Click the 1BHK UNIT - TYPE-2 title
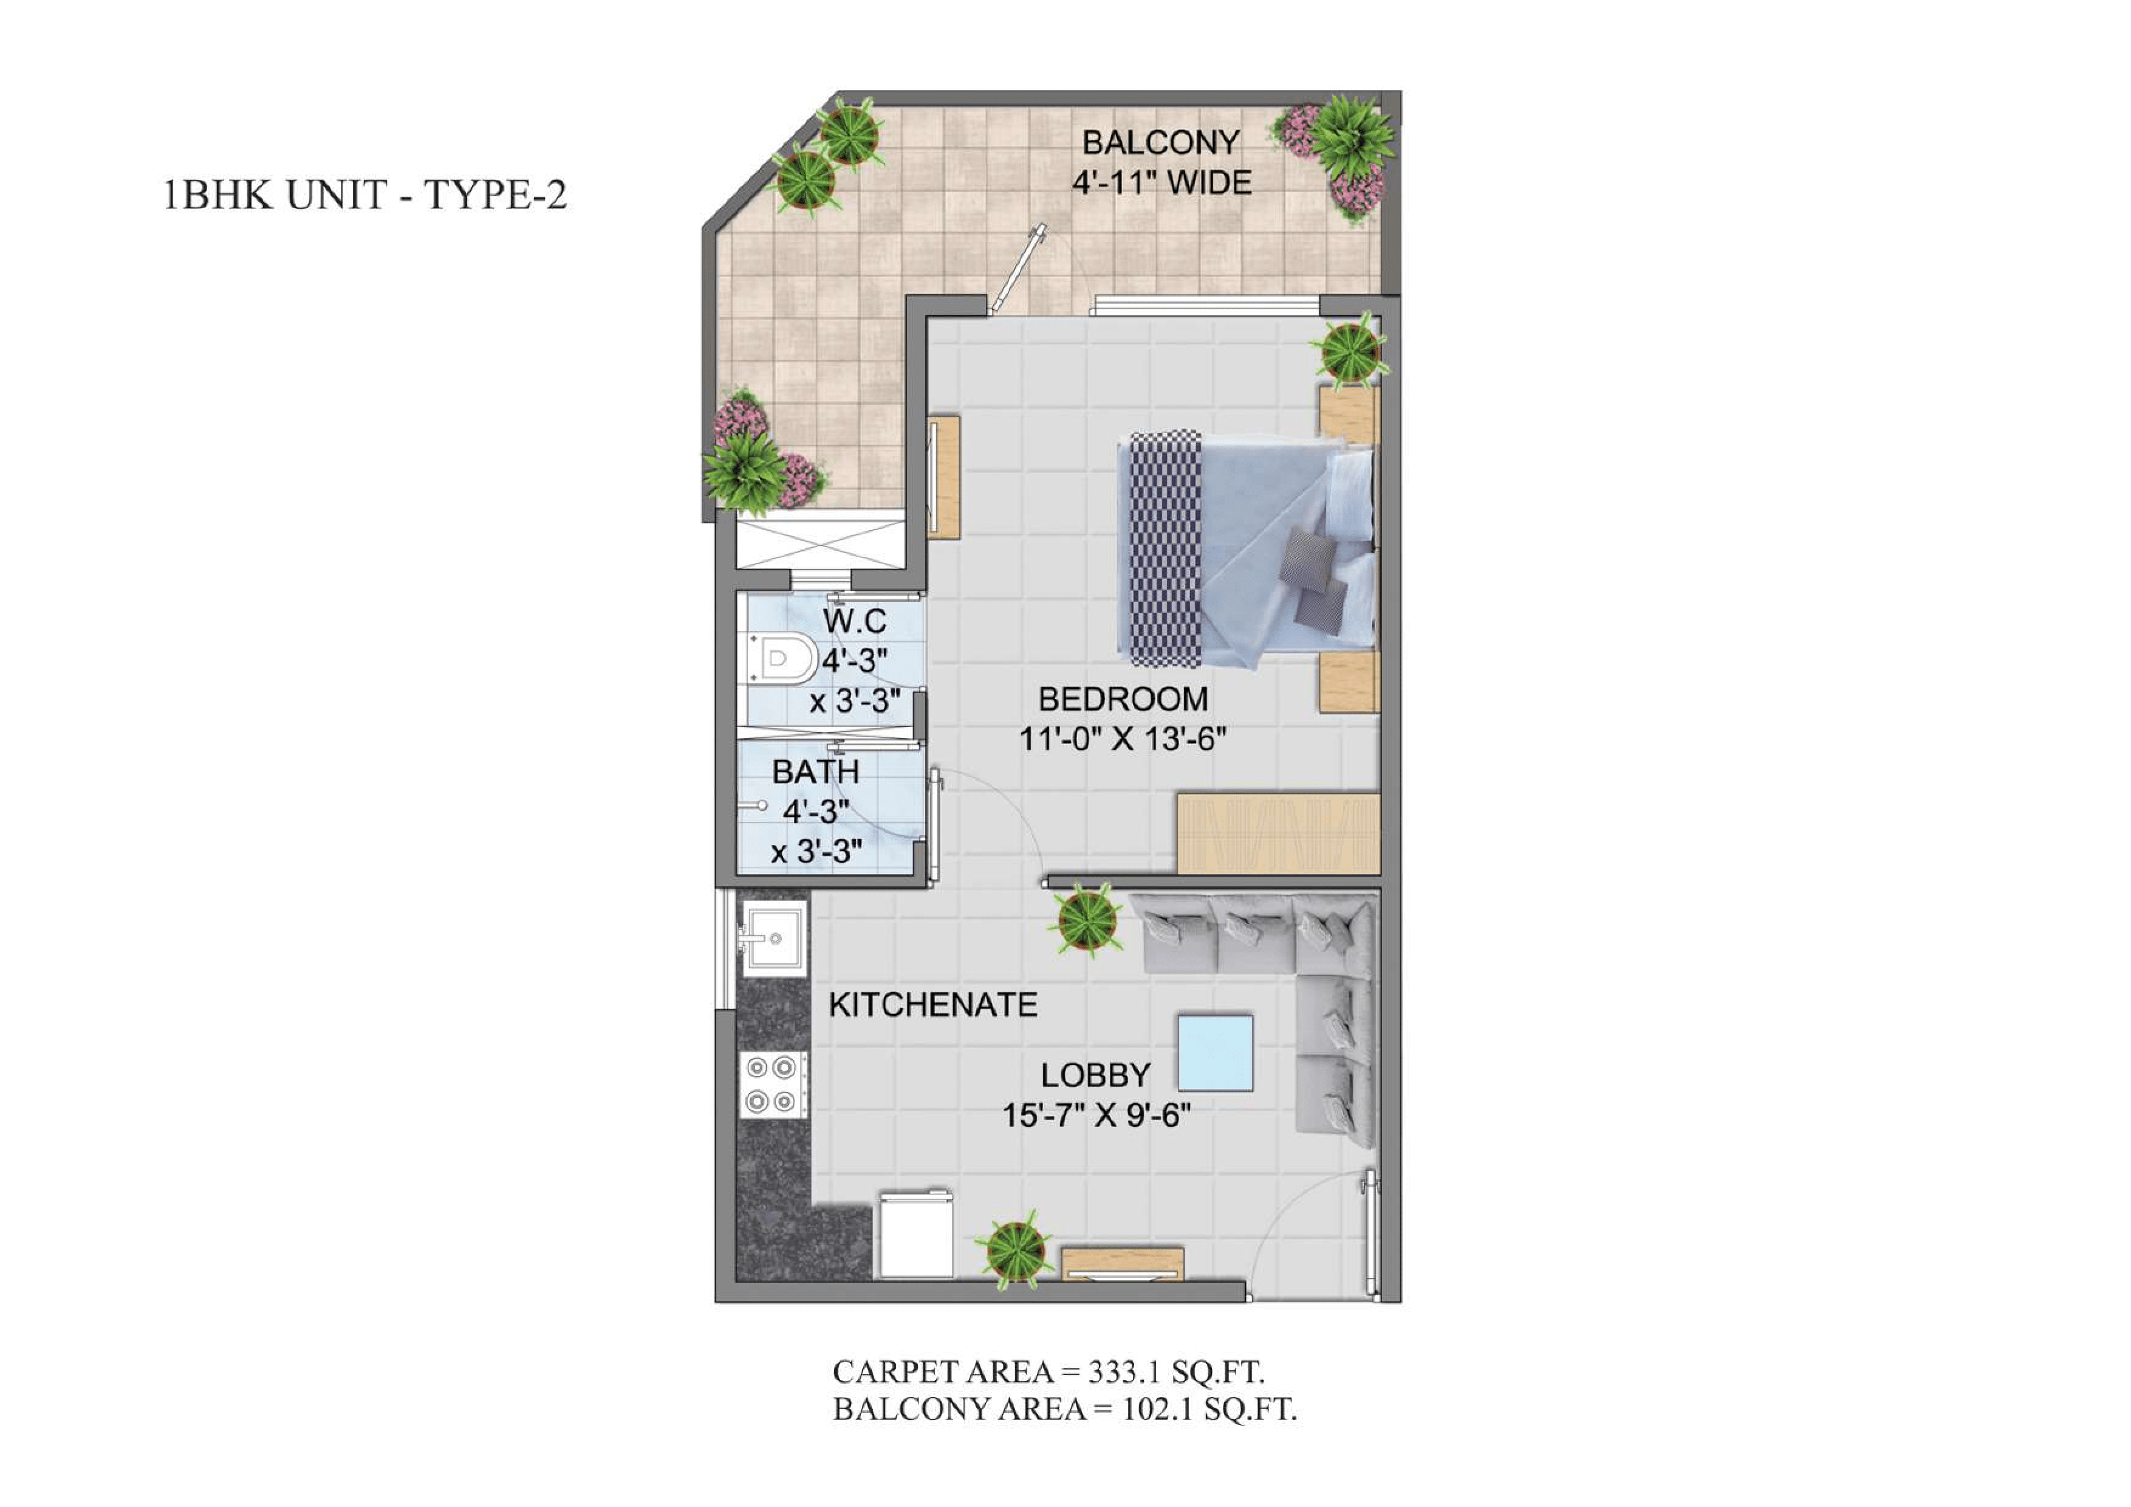(x=364, y=195)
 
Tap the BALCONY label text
(x=1161, y=143)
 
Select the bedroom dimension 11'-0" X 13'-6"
(x=1123, y=739)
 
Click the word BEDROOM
(x=1123, y=698)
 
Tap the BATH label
(x=816, y=771)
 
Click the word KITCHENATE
(x=933, y=1005)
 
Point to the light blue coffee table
(x=1216, y=1052)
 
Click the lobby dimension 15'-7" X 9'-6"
(x=1096, y=1114)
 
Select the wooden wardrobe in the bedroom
(x=1278, y=833)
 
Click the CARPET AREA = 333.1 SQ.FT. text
(x=1048, y=1371)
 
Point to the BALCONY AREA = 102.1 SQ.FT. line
(x=1064, y=1410)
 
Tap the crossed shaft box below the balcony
(x=819, y=544)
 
